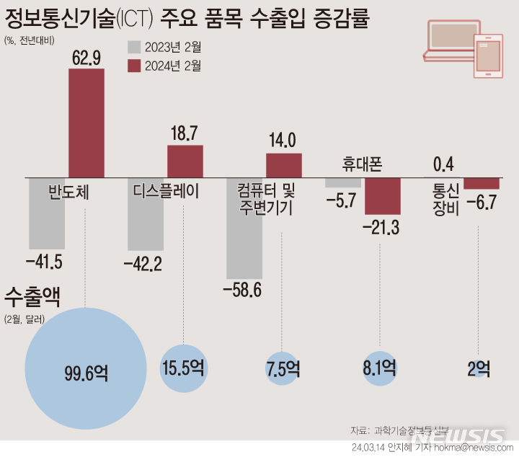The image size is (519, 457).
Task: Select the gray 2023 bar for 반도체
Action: pyautogui.click(x=47, y=213)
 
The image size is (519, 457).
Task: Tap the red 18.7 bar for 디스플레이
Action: pyautogui.click(x=185, y=161)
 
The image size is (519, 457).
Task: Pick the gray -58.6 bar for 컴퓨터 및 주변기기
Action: pyautogui.click(x=244, y=228)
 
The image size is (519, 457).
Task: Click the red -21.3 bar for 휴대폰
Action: pyautogui.click(x=382, y=195)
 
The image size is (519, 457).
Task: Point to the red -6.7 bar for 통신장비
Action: pyautogui.click(x=481, y=183)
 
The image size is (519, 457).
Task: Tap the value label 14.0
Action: pyautogui.click(x=282, y=139)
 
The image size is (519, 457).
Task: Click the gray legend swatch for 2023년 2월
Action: pyautogui.click(x=134, y=48)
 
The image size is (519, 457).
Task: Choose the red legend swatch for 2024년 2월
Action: pyautogui.click(x=134, y=66)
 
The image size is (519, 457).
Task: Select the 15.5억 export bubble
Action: pyautogui.click(x=184, y=369)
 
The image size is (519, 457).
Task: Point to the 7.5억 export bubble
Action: pyautogui.click(x=282, y=370)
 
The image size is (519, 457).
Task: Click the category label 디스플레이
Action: pyautogui.click(x=166, y=192)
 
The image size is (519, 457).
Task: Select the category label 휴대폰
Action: pyautogui.click(x=363, y=165)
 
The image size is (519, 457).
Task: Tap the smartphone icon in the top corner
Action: pyautogui.click(x=488, y=57)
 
